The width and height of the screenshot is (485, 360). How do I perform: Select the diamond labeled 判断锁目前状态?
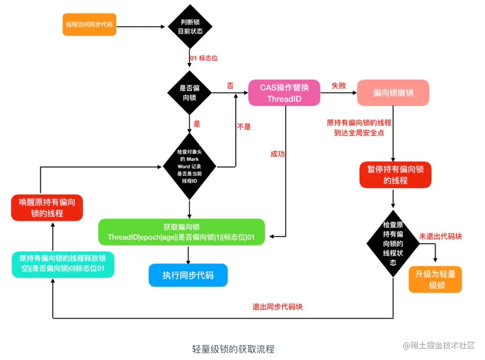pyautogui.click(x=190, y=27)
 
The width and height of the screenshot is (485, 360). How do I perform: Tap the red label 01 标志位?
pyautogui.click(x=204, y=58)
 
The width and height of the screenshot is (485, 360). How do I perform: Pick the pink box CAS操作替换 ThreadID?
pyautogui.click(x=284, y=93)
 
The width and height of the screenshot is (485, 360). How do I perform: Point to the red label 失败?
pyautogui.click(x=339, y=85)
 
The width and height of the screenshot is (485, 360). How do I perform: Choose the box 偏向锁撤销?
pyautogui.click(x=393, y=93)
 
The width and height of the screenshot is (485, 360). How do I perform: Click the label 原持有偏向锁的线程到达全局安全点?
pyautogui.click(x=359, y=128)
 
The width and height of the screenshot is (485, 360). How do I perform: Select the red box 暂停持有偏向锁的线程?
pyautogui.click(x=395, y=175)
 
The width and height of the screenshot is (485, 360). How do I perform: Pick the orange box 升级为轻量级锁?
pyautogui.click(x=435, y=280)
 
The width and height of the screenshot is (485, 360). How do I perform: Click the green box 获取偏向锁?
pyautogui.click(x=181, y=232)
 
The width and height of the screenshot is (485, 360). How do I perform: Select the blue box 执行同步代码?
pyautogui.click(x=188, y=275)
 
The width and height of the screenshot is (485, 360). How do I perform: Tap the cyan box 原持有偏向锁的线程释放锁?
pyautogui.click(x=63, y=264)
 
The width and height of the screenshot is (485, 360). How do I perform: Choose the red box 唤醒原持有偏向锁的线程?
pyautogui.click(x=47, y=208)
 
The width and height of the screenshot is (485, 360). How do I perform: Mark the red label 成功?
pyautogui.click(x=278, y=154)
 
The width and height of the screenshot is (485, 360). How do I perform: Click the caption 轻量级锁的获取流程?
pyautogui.click(x=233, y=349)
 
